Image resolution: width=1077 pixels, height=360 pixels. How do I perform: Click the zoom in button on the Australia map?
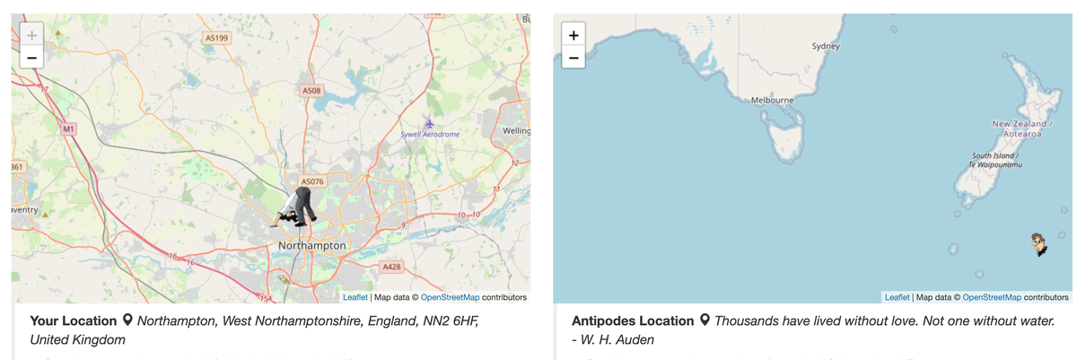pyautogui.click(x=574, y=36)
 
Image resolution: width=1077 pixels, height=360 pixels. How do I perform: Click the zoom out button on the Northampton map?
pyautogui.click(x=31, y=58)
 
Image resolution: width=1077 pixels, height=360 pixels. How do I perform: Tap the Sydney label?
pyautogui.click(x=825, y=46)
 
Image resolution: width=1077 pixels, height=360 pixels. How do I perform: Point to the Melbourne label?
pyautogui.click(x=772, y=100)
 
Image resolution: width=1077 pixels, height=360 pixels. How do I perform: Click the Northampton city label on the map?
pyautogui.click(x=311, y=245)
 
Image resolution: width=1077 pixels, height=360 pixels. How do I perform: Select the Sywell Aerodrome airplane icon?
pyautogui.click(x=429, y=122)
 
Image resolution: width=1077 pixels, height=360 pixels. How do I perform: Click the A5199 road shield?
pyautogui.click(x=216, y=39)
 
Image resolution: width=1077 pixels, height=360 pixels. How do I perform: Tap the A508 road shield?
pyautogui.click(x=311, y=91)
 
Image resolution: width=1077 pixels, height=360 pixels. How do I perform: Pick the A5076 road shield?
pyautogui.click(x=311, y=181)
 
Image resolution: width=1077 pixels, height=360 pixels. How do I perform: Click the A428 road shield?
pyautogui.click(x=390, y=267)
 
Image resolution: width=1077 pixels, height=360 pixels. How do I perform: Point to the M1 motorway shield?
pyautogui.click(x=68, y=130)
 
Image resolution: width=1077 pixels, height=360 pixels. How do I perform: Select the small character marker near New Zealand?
pyautogui.click(x=1039, y=243)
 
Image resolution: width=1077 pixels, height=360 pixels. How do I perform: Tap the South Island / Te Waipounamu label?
pyautogui.click(x=996, y=161)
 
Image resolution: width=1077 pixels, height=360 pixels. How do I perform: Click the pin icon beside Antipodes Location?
pyautogui.click(x=704, y=320)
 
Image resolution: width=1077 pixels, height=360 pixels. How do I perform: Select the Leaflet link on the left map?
pyautogui.click(x=355, y=297)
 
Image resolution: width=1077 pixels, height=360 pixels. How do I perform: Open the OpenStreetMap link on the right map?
pyautogui.click(x=992, y=297)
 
